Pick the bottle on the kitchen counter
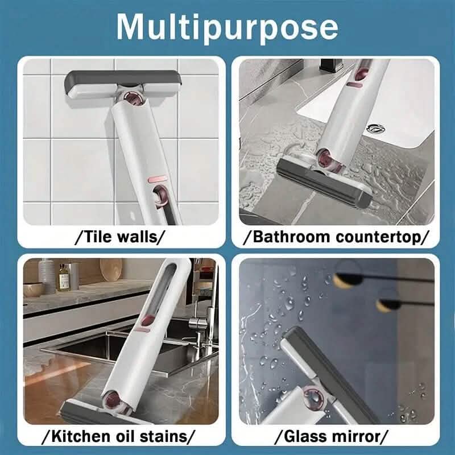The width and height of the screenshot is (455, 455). tap(64, 277)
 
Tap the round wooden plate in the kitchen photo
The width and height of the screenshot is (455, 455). tap(111, 270)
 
